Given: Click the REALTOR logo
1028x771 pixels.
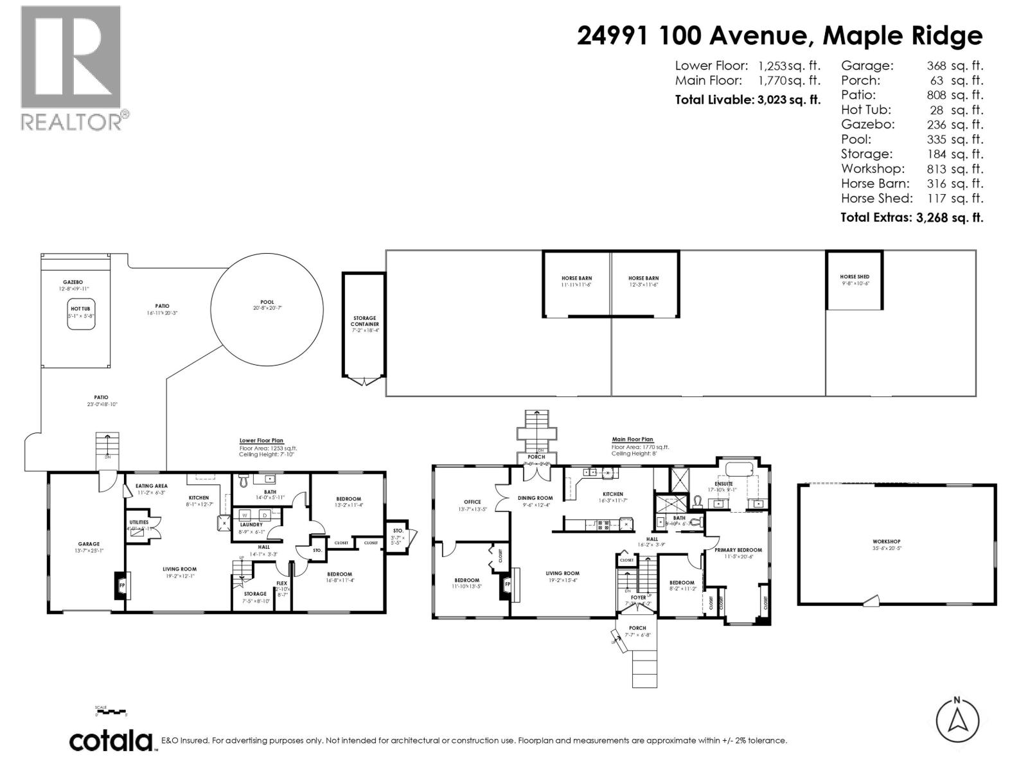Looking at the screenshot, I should tap(71, 67).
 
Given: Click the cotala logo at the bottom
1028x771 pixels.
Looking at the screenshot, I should tap(111, 741).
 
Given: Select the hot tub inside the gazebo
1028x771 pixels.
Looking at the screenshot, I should tap(82, 314).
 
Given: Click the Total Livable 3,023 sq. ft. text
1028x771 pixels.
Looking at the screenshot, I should tap(747, 100).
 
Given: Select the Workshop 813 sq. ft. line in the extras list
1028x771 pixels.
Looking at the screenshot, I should tap(912, 169).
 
